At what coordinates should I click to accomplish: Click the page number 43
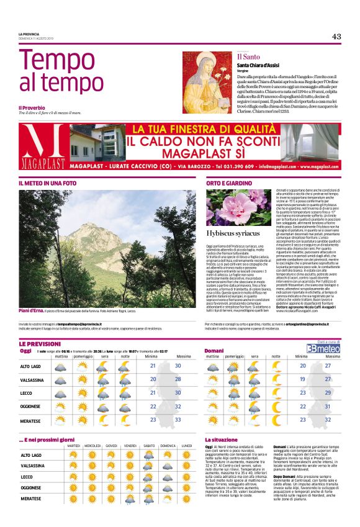[x=336, y=36]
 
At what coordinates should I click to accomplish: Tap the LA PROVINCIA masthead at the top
[x=29, y=34]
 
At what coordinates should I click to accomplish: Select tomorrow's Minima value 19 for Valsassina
[x=303, y=379]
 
